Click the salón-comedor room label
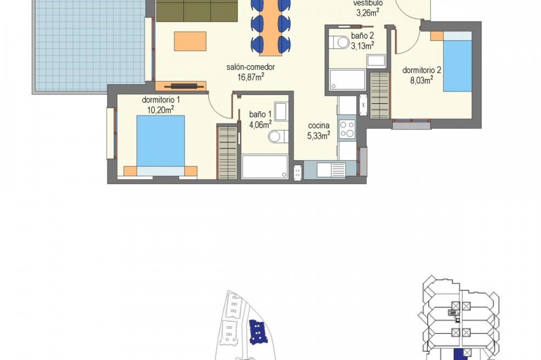[250, 67]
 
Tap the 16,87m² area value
[250, 77]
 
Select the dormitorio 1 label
[161, 100]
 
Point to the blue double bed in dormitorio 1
[161, 145]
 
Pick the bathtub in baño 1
[265, 167]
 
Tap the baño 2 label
[362, 36]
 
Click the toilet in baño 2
[339, 42]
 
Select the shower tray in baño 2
[347, 79]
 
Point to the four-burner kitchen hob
[347, 129]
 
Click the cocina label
[319, 126]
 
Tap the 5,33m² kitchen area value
[319, 136]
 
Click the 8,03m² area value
[421, 81]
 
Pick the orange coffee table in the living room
[190, 42]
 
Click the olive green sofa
[197, 11]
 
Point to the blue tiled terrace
[90, 45]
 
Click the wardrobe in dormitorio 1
[227, 152]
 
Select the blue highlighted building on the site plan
[258, 332]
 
